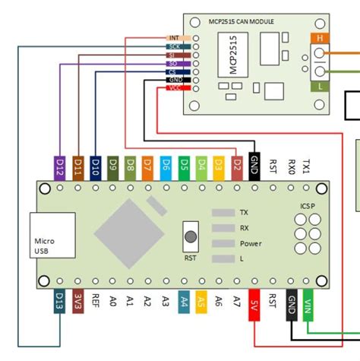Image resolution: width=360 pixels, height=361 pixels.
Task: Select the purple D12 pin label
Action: tap(60, 164)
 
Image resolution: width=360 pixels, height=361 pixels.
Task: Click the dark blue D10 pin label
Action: tap(95, 164)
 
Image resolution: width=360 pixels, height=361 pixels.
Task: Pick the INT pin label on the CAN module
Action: tap(174, 37)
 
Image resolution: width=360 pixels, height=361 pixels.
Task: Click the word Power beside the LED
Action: tap(251, 244)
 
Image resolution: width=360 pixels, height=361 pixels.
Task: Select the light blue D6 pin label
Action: tap(166, 164)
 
